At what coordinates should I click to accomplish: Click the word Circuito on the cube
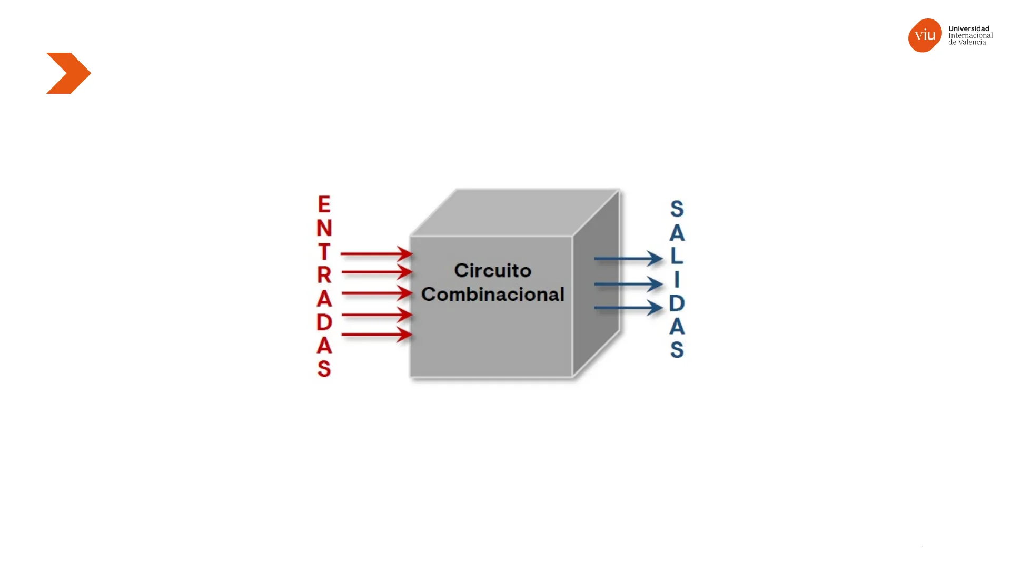tap(493, 270)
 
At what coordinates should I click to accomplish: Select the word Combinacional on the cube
tap(493, 294)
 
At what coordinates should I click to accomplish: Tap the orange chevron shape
tap(68, 73)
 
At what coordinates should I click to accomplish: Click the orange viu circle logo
tap(925, 35)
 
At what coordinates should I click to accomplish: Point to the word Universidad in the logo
tap(969, 28)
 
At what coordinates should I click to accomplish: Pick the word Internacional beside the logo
tap(970, 35)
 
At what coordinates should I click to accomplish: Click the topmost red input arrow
tap(376, 254)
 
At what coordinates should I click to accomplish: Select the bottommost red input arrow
tap(376, 335)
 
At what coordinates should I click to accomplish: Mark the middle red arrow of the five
tap(376, 293)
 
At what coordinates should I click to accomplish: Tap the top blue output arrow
tap(628, 258)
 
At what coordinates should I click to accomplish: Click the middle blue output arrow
tap(628, 284)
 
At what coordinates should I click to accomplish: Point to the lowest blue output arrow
tap(628, 308)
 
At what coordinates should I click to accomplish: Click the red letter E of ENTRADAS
tap(324, 204)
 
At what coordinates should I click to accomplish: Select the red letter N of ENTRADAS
tap(324, 228)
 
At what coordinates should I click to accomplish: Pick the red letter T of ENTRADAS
tap(324, 251)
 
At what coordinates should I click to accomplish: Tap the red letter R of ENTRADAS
tap(324, 274)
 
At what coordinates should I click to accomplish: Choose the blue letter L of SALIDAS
tap(677, 256)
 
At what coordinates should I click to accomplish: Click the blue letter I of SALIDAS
tap(677, 279)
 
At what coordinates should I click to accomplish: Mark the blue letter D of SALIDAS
tap(677, 303)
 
